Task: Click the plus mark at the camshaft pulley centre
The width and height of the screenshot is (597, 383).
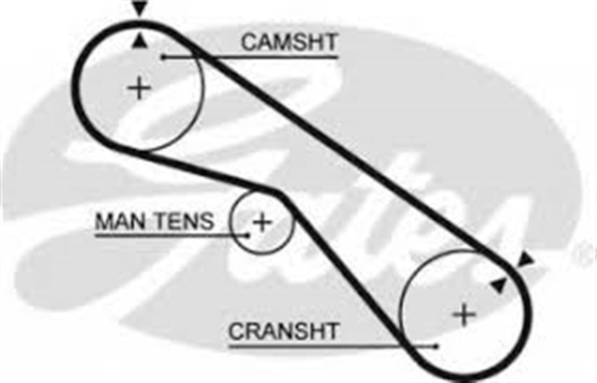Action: tap(139, 89)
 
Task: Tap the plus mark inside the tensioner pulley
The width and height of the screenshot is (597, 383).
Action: tap(262, 222)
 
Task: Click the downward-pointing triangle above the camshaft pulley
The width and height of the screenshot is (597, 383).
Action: tap(139, 9)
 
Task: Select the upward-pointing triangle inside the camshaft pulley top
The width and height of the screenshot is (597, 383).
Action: tap(139, 39)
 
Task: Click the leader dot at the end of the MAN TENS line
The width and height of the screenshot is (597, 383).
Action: tap(247, 235)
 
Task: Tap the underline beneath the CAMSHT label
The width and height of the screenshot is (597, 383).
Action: tap(280, 58)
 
